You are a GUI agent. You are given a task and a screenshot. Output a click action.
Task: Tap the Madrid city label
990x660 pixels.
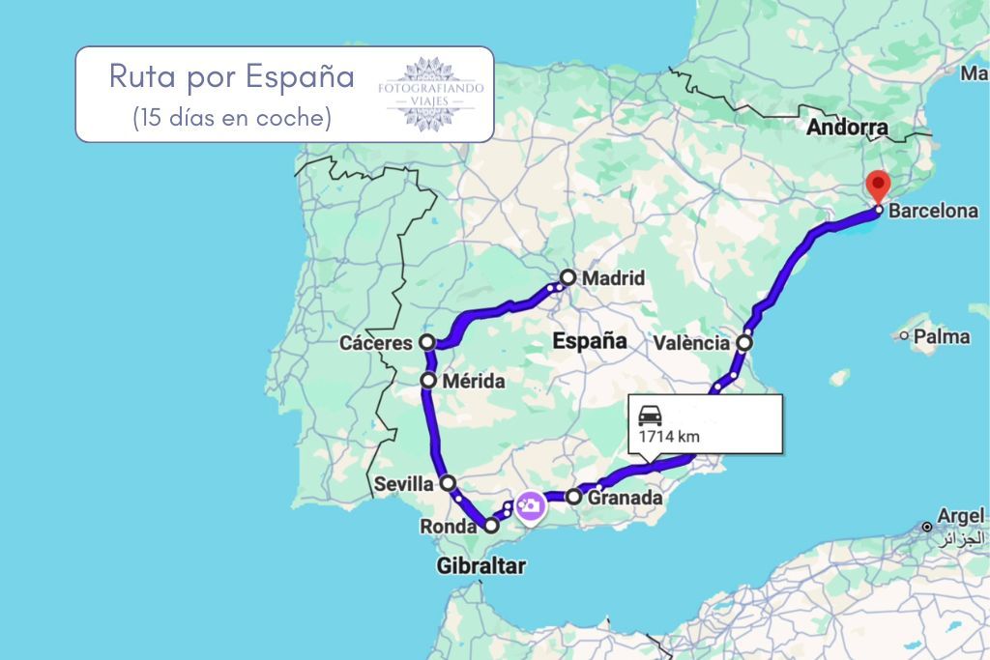pos(613,278)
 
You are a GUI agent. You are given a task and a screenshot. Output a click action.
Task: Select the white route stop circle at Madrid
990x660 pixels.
pos(568,277)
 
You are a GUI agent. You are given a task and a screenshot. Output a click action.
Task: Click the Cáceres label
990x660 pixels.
pos(375,343)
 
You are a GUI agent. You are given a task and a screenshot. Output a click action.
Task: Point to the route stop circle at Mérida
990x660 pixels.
pos(428,381)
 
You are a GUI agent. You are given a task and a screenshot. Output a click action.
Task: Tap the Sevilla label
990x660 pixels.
pos(403,482)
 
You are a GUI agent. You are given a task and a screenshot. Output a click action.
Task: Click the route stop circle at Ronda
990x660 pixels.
pos(491,526)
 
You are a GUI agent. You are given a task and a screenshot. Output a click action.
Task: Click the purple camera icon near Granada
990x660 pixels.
pos(528,505)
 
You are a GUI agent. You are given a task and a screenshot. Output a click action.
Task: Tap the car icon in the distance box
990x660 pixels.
pos(650,415)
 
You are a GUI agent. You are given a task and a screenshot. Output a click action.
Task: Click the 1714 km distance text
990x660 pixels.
pos(668,437)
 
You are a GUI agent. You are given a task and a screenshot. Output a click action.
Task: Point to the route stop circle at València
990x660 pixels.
pos(744,342)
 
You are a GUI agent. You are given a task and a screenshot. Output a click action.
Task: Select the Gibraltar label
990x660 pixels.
pos(480,566)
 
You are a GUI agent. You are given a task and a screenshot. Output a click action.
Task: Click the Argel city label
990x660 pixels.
pos(958,516)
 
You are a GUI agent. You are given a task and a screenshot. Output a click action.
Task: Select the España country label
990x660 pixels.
pos(589,340)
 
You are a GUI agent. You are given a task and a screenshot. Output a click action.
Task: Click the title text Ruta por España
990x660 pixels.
pos(232,76)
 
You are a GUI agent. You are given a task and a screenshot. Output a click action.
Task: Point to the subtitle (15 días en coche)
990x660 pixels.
pos(232,117)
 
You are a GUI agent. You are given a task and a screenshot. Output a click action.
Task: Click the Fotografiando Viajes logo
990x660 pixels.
pos(430,94)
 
